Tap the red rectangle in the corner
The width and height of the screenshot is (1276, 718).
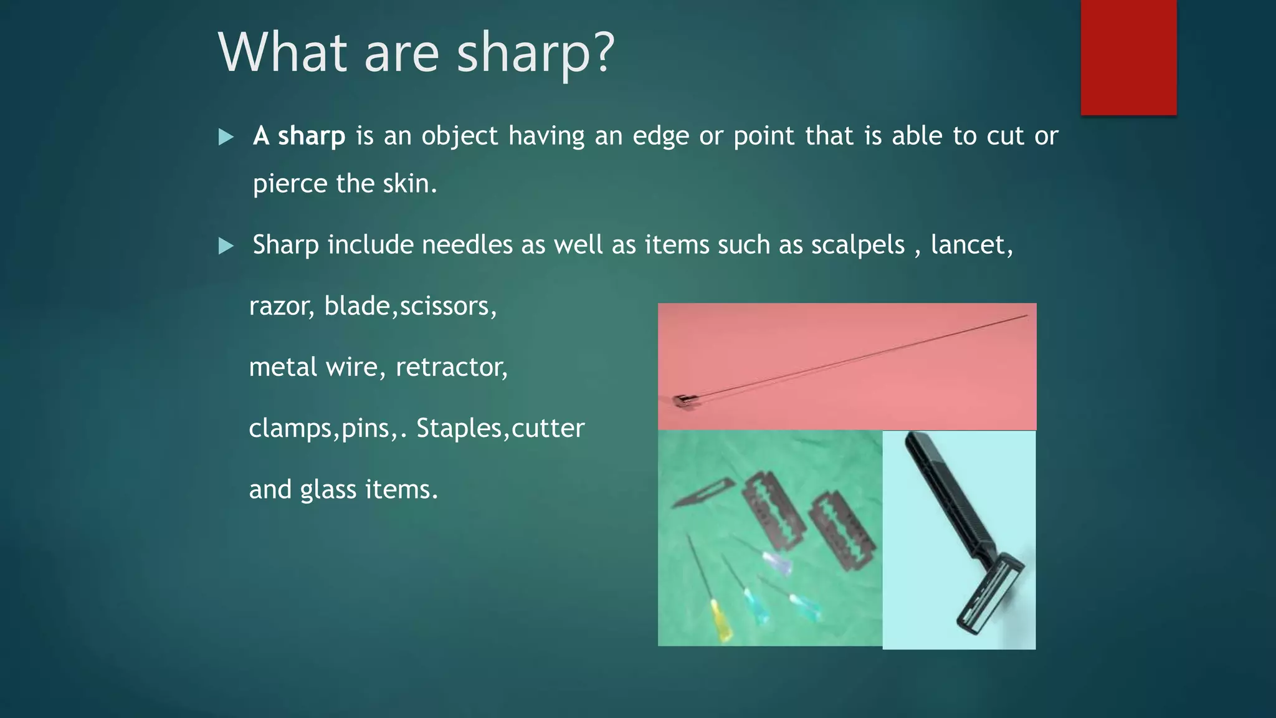pyautogui.click(x=1128, y=57)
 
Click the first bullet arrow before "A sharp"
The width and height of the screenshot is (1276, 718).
pyautogui.click(x=226, y=137)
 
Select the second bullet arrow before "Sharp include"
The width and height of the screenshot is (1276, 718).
pyautogui.click(x=226, y=246)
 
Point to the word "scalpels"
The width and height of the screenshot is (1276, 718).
pyautogui.click(x=857, y=245)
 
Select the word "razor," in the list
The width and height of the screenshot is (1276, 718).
pyautogui.click(x=282, y=306)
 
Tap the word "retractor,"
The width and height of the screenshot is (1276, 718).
pyautogui.click(x=452, y=367)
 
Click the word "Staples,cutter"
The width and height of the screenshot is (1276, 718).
pyautogui.click(x=500, y=428)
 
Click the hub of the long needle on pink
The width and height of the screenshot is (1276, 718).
pyautogui.click(x=683, y=401)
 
